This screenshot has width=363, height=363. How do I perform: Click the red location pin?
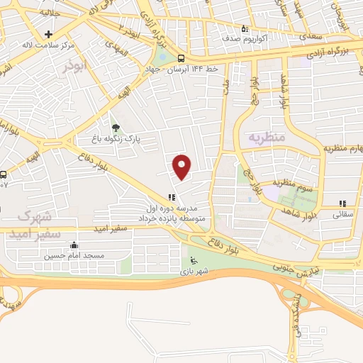pos(182,166)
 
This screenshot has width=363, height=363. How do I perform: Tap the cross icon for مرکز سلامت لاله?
pos(48,34)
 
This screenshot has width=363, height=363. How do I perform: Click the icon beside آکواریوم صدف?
pos(245,29)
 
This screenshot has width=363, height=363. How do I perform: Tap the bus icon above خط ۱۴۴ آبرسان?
pos(181,58)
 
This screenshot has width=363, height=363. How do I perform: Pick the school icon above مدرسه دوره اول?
pos(171,199)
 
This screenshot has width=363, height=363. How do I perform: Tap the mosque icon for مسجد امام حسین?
pos(74,245)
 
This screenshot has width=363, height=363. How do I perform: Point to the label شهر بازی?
pos(191,272)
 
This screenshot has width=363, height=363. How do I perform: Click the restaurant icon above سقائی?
pos(343,203)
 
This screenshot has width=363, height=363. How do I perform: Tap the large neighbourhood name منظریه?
pos(266,135)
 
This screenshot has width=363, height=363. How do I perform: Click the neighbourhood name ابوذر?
pos(73,67)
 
